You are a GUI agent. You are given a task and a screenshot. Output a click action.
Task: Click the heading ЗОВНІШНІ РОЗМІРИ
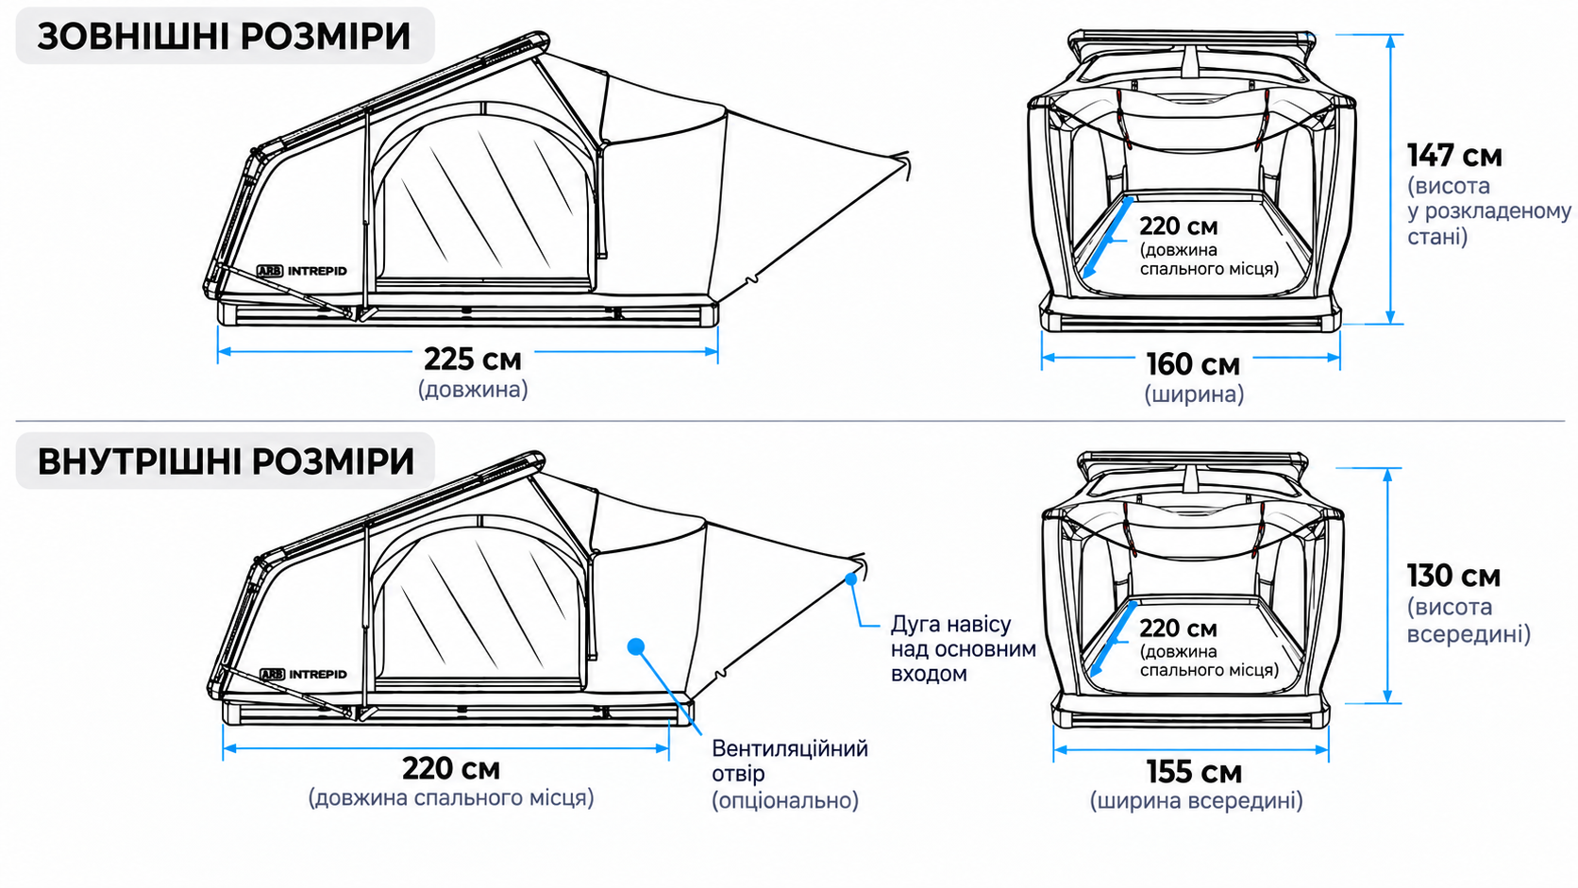tap(224, 37)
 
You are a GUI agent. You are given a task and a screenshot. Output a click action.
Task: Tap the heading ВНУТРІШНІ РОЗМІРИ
tap(226, 462)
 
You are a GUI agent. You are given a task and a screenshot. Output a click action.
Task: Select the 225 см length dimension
tap(473, 360)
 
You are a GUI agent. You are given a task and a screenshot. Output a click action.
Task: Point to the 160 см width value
tap(1193, 365)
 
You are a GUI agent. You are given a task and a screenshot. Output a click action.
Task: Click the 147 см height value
tap(1454, 156)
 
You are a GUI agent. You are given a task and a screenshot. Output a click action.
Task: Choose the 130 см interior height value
tap(1454, 576)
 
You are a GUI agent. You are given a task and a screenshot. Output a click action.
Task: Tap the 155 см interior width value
tap(1194, 773)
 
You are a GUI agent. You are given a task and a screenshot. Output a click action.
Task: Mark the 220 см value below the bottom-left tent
tap(451, 768)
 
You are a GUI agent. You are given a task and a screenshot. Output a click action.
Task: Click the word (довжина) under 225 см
tap(473, 390)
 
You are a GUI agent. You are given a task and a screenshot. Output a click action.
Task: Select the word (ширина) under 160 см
tap(1194, 394)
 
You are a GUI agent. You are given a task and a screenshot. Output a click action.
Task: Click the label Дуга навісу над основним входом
tap(963, 648)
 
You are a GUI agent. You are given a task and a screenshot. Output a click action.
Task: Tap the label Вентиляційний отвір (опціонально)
tap(790, 774)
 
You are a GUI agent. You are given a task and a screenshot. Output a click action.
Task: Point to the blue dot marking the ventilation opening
tap(636, 645)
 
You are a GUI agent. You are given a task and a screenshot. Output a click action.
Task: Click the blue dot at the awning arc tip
tap(851, 578)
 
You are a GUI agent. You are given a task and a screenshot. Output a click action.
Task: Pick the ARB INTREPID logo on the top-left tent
tap(301, 271)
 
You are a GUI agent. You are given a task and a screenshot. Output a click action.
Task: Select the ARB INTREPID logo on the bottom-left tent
tap(304, 675)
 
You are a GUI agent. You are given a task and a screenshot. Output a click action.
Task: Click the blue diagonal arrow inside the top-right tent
tap(1108, 238)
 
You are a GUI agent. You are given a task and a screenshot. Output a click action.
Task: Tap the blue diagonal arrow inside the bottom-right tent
tap(1114, 639)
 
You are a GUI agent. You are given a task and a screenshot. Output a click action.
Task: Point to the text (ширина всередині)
tap(1196, 801)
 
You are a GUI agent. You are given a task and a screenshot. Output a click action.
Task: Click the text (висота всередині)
tap(1469, 620)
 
